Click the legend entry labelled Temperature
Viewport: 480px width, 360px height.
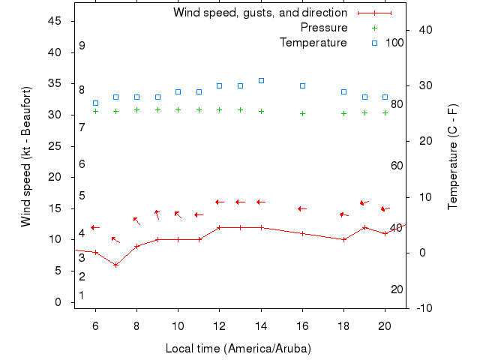[313, 43]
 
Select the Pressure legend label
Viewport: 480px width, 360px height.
[323, 28]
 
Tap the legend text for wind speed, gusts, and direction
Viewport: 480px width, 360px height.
[259, 13]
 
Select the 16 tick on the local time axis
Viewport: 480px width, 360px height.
[302, 326]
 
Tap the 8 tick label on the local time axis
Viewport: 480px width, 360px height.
[136, 326]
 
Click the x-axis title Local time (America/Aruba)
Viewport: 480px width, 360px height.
[238, 349]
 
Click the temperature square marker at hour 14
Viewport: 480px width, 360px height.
[261, 80]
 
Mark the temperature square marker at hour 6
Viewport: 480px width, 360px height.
[95, 103]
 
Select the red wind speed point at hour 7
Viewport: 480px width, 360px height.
[115, 265]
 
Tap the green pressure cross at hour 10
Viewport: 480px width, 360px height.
[178, 109]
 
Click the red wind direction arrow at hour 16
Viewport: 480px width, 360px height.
[301, 208]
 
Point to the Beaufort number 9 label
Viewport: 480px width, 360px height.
[82, 46]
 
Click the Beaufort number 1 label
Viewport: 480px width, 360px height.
[82, 295]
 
